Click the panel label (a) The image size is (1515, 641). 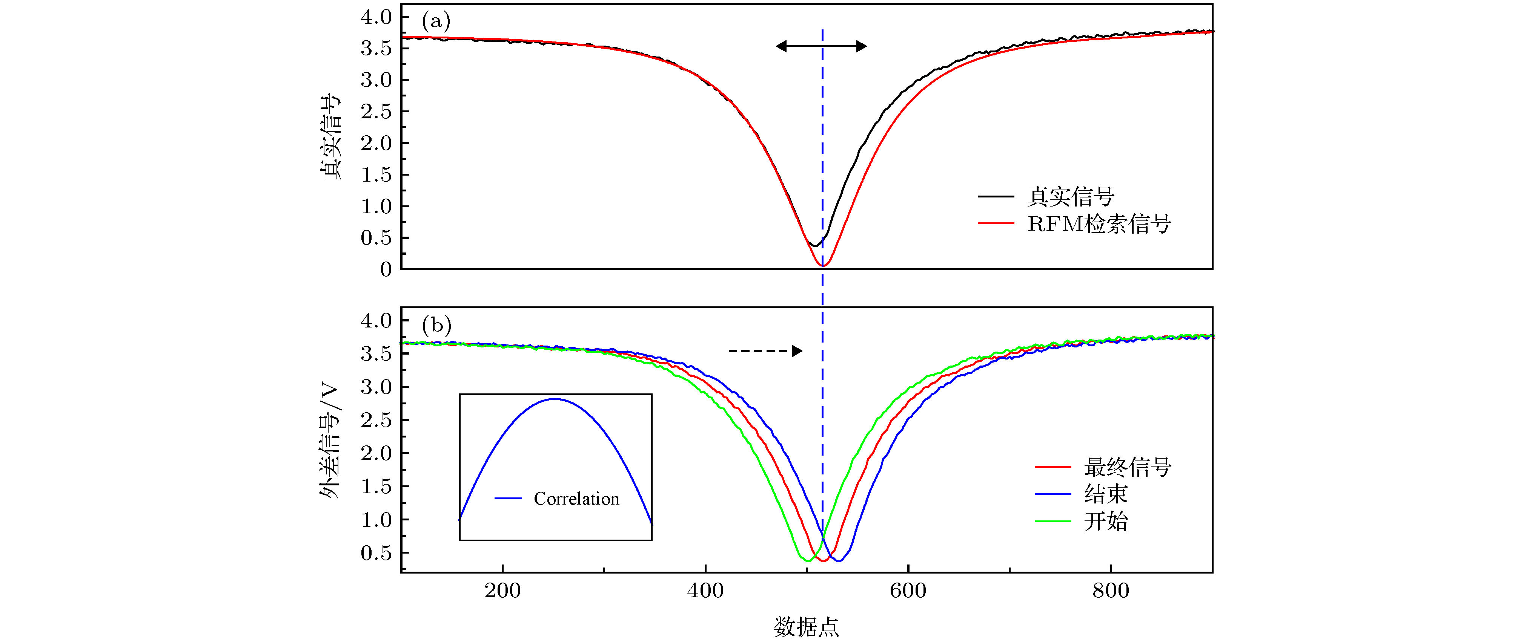pyautogui.click(x=436, y=22)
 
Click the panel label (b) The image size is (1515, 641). pyautogui.click(x=436, y=325)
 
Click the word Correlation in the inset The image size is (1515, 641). pyautogui.click(x=576, y=499)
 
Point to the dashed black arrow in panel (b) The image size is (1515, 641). pyautogui.click(x=765, y=351)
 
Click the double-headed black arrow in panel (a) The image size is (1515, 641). pyautogui.click(x=821, y=46)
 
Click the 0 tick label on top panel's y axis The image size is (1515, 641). pyautogui.click(x=386, y=270)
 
